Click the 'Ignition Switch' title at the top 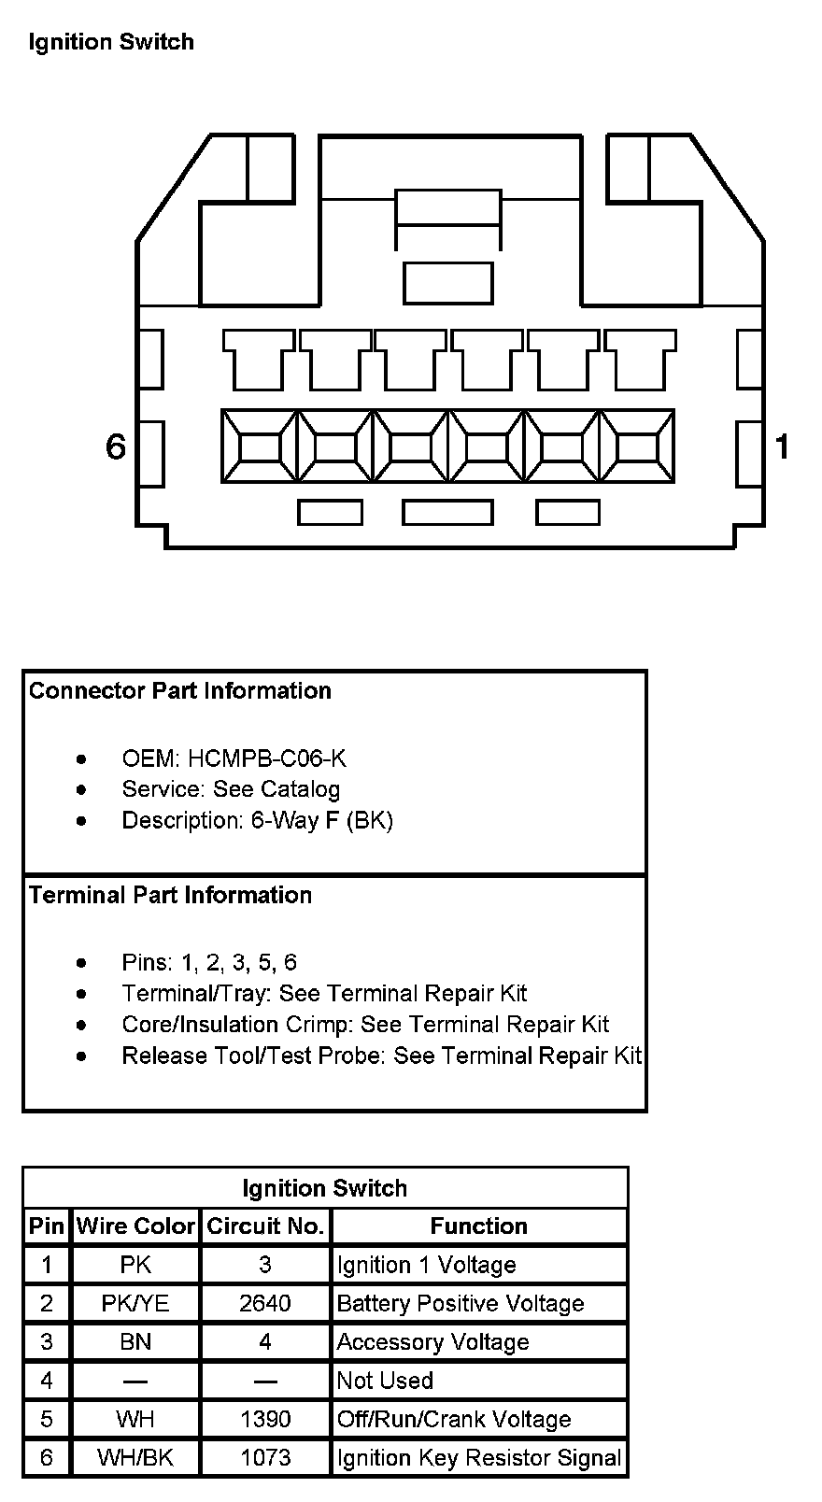[111, 42]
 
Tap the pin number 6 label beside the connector [115, 446]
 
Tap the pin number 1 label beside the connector [782, 446]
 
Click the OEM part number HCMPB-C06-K [266, 758]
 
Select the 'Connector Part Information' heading [180, 690]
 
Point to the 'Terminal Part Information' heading [170, 895]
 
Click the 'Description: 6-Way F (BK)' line [257, 820]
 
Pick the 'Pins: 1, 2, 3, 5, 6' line [209, 962]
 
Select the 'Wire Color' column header [135, 1226]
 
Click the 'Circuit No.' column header [265, 1226]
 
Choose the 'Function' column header [478, 1226]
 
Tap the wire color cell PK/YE [135, 1303]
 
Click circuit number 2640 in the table [265, 1303]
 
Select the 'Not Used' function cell [385, 1381]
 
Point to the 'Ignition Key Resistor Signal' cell [478, 1457]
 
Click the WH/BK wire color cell [135, 1457]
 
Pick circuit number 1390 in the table [265, 1419]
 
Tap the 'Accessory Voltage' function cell [432, 1342]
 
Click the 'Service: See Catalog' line [231, 789]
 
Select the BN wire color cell [135, 1342]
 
